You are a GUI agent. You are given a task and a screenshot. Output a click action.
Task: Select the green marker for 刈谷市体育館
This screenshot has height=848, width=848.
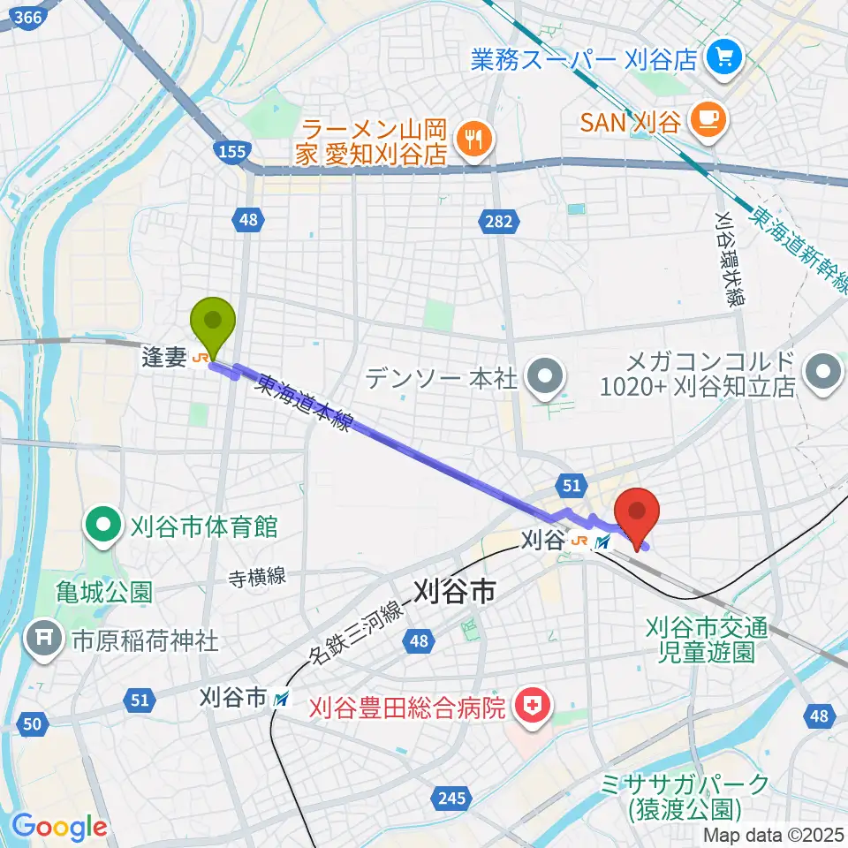(104, 527)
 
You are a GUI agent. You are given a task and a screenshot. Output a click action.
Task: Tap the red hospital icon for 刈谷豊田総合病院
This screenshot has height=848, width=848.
(533, 706)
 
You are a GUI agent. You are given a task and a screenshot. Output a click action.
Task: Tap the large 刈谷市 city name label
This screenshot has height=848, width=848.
(455, 590)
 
